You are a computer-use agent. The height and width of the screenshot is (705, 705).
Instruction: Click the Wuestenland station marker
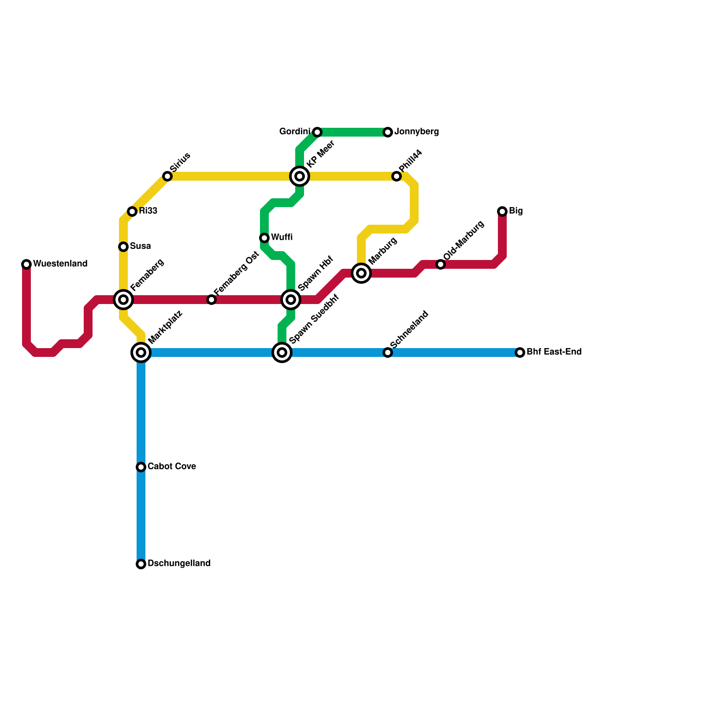[26, 264]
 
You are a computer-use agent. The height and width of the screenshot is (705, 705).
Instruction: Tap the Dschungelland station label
[179, 564]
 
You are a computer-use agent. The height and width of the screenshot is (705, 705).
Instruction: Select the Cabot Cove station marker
[141, 467]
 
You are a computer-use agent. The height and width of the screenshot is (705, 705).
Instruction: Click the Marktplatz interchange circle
[141, 352]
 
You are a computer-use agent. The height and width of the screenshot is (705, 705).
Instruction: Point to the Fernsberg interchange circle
[123, 300]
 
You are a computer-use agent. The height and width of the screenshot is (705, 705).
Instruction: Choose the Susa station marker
[123, 247]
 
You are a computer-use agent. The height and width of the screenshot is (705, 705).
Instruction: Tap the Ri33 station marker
[132, 211]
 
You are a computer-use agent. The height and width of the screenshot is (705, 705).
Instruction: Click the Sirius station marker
[167, 176]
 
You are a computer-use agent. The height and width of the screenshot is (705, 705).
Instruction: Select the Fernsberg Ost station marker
[211, 300]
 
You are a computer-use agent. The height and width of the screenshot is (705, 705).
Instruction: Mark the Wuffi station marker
[264, 238]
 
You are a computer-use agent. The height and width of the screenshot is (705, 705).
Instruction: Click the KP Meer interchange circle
[300, 176]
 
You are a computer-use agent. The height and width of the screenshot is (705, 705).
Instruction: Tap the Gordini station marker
[317, 132]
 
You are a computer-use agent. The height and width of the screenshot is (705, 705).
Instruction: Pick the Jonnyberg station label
[416, 132]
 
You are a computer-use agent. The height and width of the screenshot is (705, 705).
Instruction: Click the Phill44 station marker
[397, 176]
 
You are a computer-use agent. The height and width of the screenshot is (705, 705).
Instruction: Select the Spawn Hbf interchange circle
[291, 300]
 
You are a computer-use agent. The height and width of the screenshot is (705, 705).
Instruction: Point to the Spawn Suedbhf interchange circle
[282, 352]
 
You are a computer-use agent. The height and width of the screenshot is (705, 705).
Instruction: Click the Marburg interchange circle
[361, 273]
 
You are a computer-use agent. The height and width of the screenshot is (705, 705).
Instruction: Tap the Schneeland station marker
[388, 352]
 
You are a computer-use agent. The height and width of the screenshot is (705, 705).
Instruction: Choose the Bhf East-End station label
[554, 352]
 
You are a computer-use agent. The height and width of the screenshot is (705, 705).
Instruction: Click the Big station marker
[502, 211]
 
